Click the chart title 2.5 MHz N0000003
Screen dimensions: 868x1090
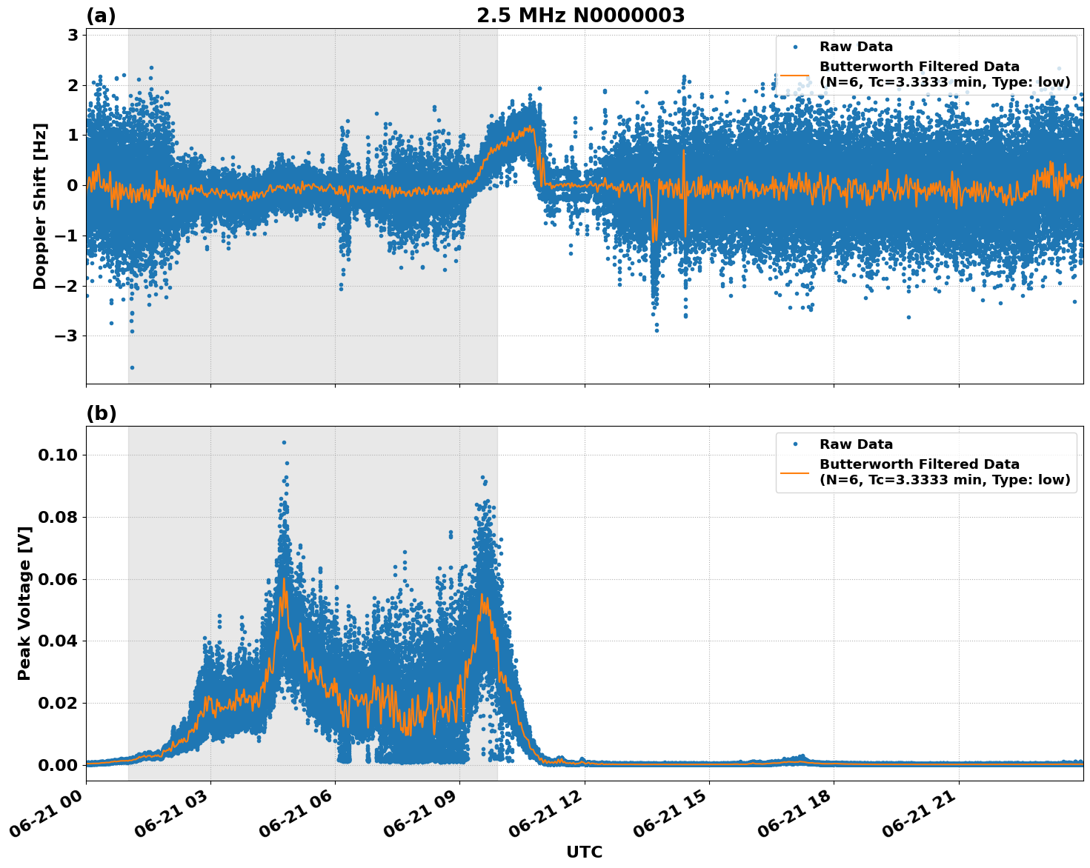point(580,16)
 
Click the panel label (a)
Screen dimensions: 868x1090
point(101,16)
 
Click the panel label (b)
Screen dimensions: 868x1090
point(101,413)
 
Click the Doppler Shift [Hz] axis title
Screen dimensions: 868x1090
point(40,206)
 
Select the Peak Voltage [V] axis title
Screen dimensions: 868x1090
point(24,619)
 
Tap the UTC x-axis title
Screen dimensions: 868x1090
point(584,852)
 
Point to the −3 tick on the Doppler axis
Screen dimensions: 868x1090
point(67,336)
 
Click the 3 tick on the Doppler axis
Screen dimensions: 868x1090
point(73,35)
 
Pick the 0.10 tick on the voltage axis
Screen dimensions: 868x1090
point(57,455)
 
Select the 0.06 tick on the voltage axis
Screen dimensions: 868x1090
point(57,579)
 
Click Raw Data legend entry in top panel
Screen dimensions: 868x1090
point(856,47)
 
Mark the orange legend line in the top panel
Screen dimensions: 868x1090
point(795,75)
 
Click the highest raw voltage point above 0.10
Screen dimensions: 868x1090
point(284,442)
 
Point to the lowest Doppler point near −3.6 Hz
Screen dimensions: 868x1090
point(132,367)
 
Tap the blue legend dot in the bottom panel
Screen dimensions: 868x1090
point(795,444)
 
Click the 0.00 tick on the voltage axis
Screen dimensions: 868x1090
point(57,765)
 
